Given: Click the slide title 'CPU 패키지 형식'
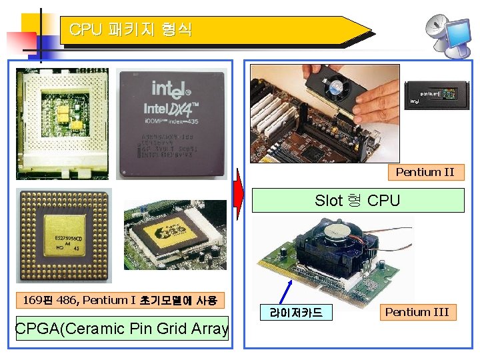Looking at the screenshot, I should (131, 29).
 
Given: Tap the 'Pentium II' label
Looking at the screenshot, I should (424, 172).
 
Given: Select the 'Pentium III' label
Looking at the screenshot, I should (417, 312).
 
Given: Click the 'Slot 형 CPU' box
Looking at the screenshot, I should (357, 200).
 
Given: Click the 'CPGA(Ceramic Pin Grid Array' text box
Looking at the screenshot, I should (122, 328).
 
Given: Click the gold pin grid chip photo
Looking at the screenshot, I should (65, 235).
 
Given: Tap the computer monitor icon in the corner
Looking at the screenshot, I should (460, 37).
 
